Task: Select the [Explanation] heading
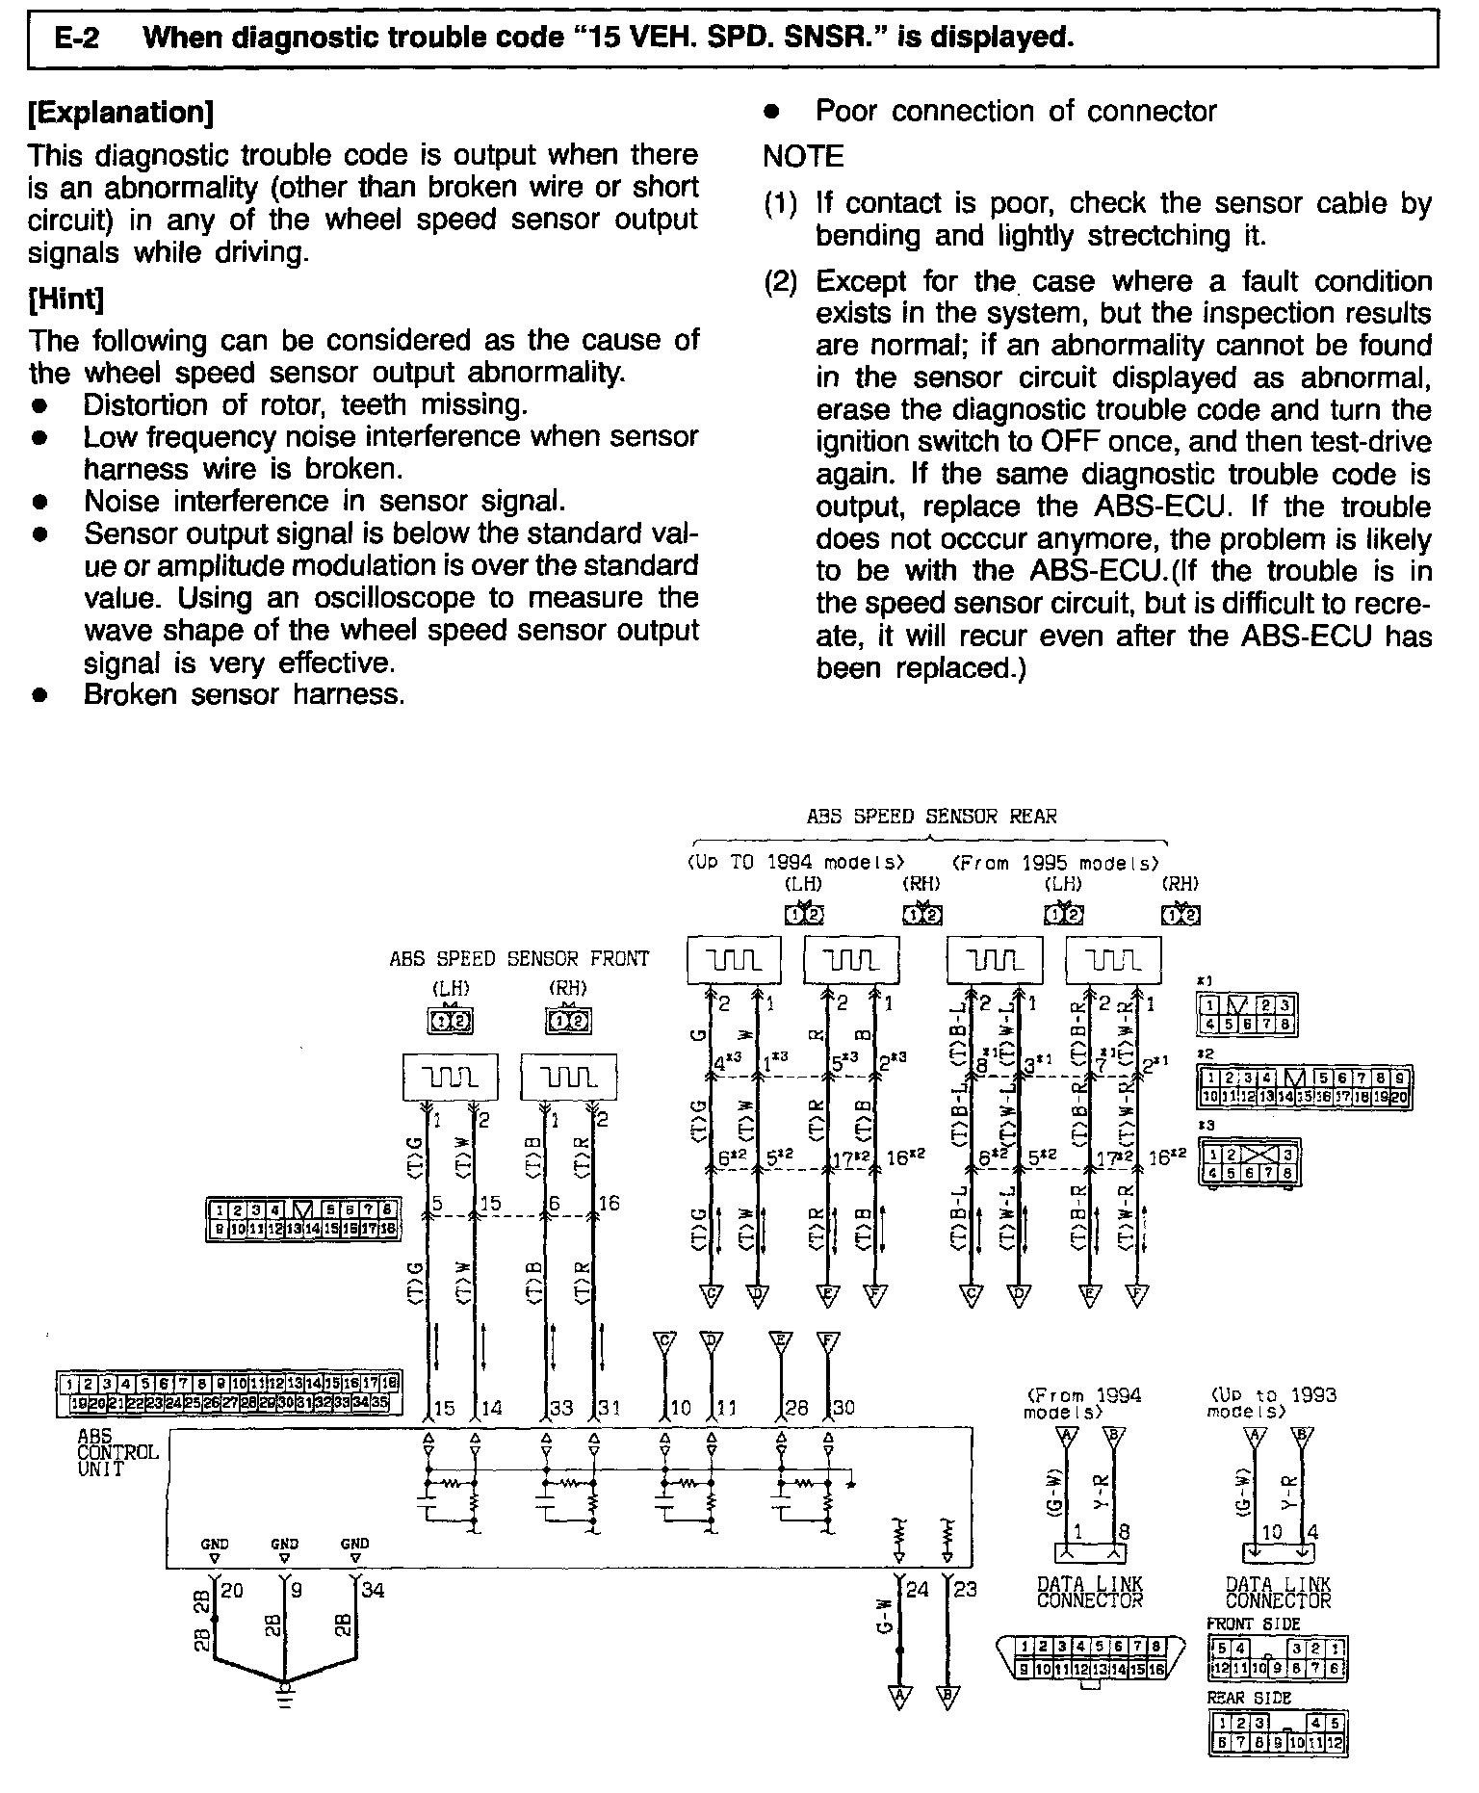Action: pos(121,113)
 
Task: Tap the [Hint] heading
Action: pos(66,299)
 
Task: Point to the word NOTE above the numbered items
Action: pos(803,156)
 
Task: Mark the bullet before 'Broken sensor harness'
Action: pos(39,695)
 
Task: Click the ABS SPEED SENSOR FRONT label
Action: pos(519,959)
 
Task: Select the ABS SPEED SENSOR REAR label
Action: pos(931,817)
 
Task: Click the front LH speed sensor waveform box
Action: pos(451,1077)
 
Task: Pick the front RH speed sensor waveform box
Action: pos(569,1077)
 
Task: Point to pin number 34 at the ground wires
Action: pos(373,1590)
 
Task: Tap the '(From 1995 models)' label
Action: pos(1056,863)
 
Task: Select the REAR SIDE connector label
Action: pos(1249,1698)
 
